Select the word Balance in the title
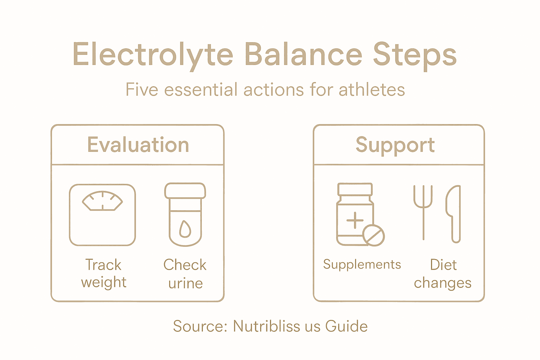(x=303, y=54)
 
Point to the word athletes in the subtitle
(x=372, y=90)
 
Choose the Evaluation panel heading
(x=138, y=145)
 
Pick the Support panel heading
(x=395, y=145)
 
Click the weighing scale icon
(x=102, y=215)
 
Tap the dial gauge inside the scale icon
(x=102, y=201)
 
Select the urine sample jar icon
(x=185, y=214)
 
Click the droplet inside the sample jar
(x=185, y=229)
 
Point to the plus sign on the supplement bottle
(x=355, y=220)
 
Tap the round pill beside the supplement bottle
(x=373, y=235)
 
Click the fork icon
(x=423, y=211)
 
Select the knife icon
(x=454, y=213)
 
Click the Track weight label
(x=103, y=274)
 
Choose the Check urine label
(x=185, y=274)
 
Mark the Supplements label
(x=362, y=264)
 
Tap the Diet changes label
(x=443, y=274)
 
